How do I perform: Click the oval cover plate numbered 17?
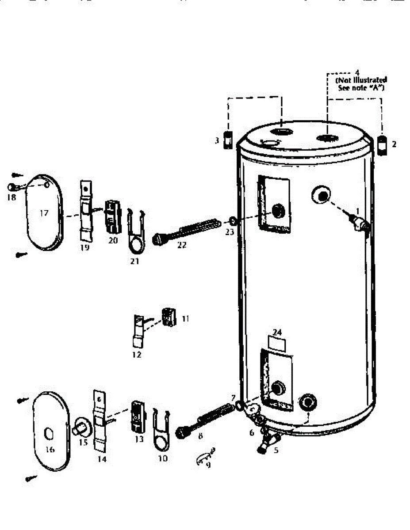point(43,212)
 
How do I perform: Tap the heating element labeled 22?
point(186,230)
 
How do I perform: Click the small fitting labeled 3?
point(228,140)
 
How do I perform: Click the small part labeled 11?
point(168,316)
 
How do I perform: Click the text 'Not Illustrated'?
point(361,80)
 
